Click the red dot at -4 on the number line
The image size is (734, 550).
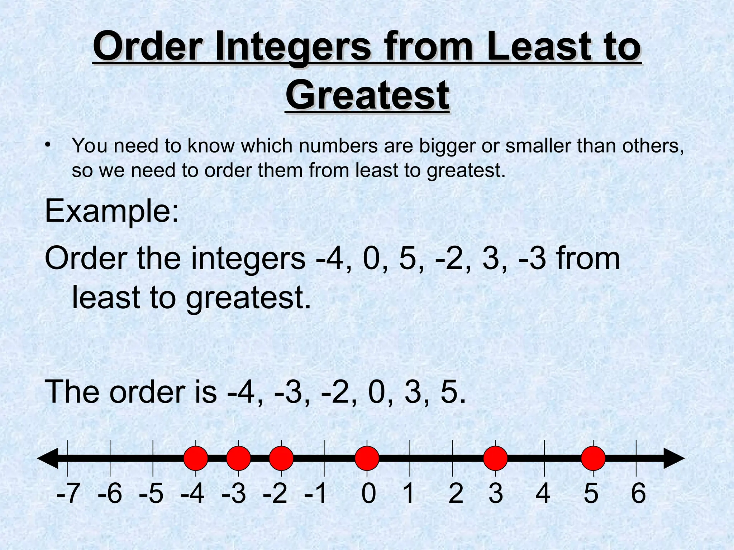pos(196,458)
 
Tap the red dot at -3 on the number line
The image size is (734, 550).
pos(238,458)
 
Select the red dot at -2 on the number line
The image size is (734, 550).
pos(281,458)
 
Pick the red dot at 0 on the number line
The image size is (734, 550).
pos(367,458)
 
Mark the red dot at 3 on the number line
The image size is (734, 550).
pos(496,458)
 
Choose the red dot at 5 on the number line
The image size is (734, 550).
pos(593,458)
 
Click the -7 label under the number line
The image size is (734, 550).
pos(68,493)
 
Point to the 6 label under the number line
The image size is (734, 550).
pos(638,493)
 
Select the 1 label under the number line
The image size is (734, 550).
pos(409,493)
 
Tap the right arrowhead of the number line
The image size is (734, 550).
pos(674,458)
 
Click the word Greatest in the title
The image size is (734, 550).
pos(367,95)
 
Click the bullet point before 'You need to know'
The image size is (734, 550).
pos(48,145)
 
